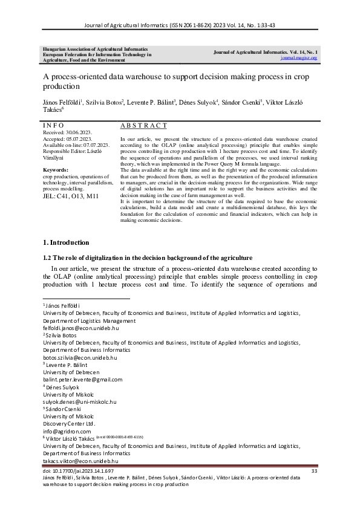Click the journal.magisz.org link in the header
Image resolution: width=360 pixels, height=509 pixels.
[299, 58]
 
